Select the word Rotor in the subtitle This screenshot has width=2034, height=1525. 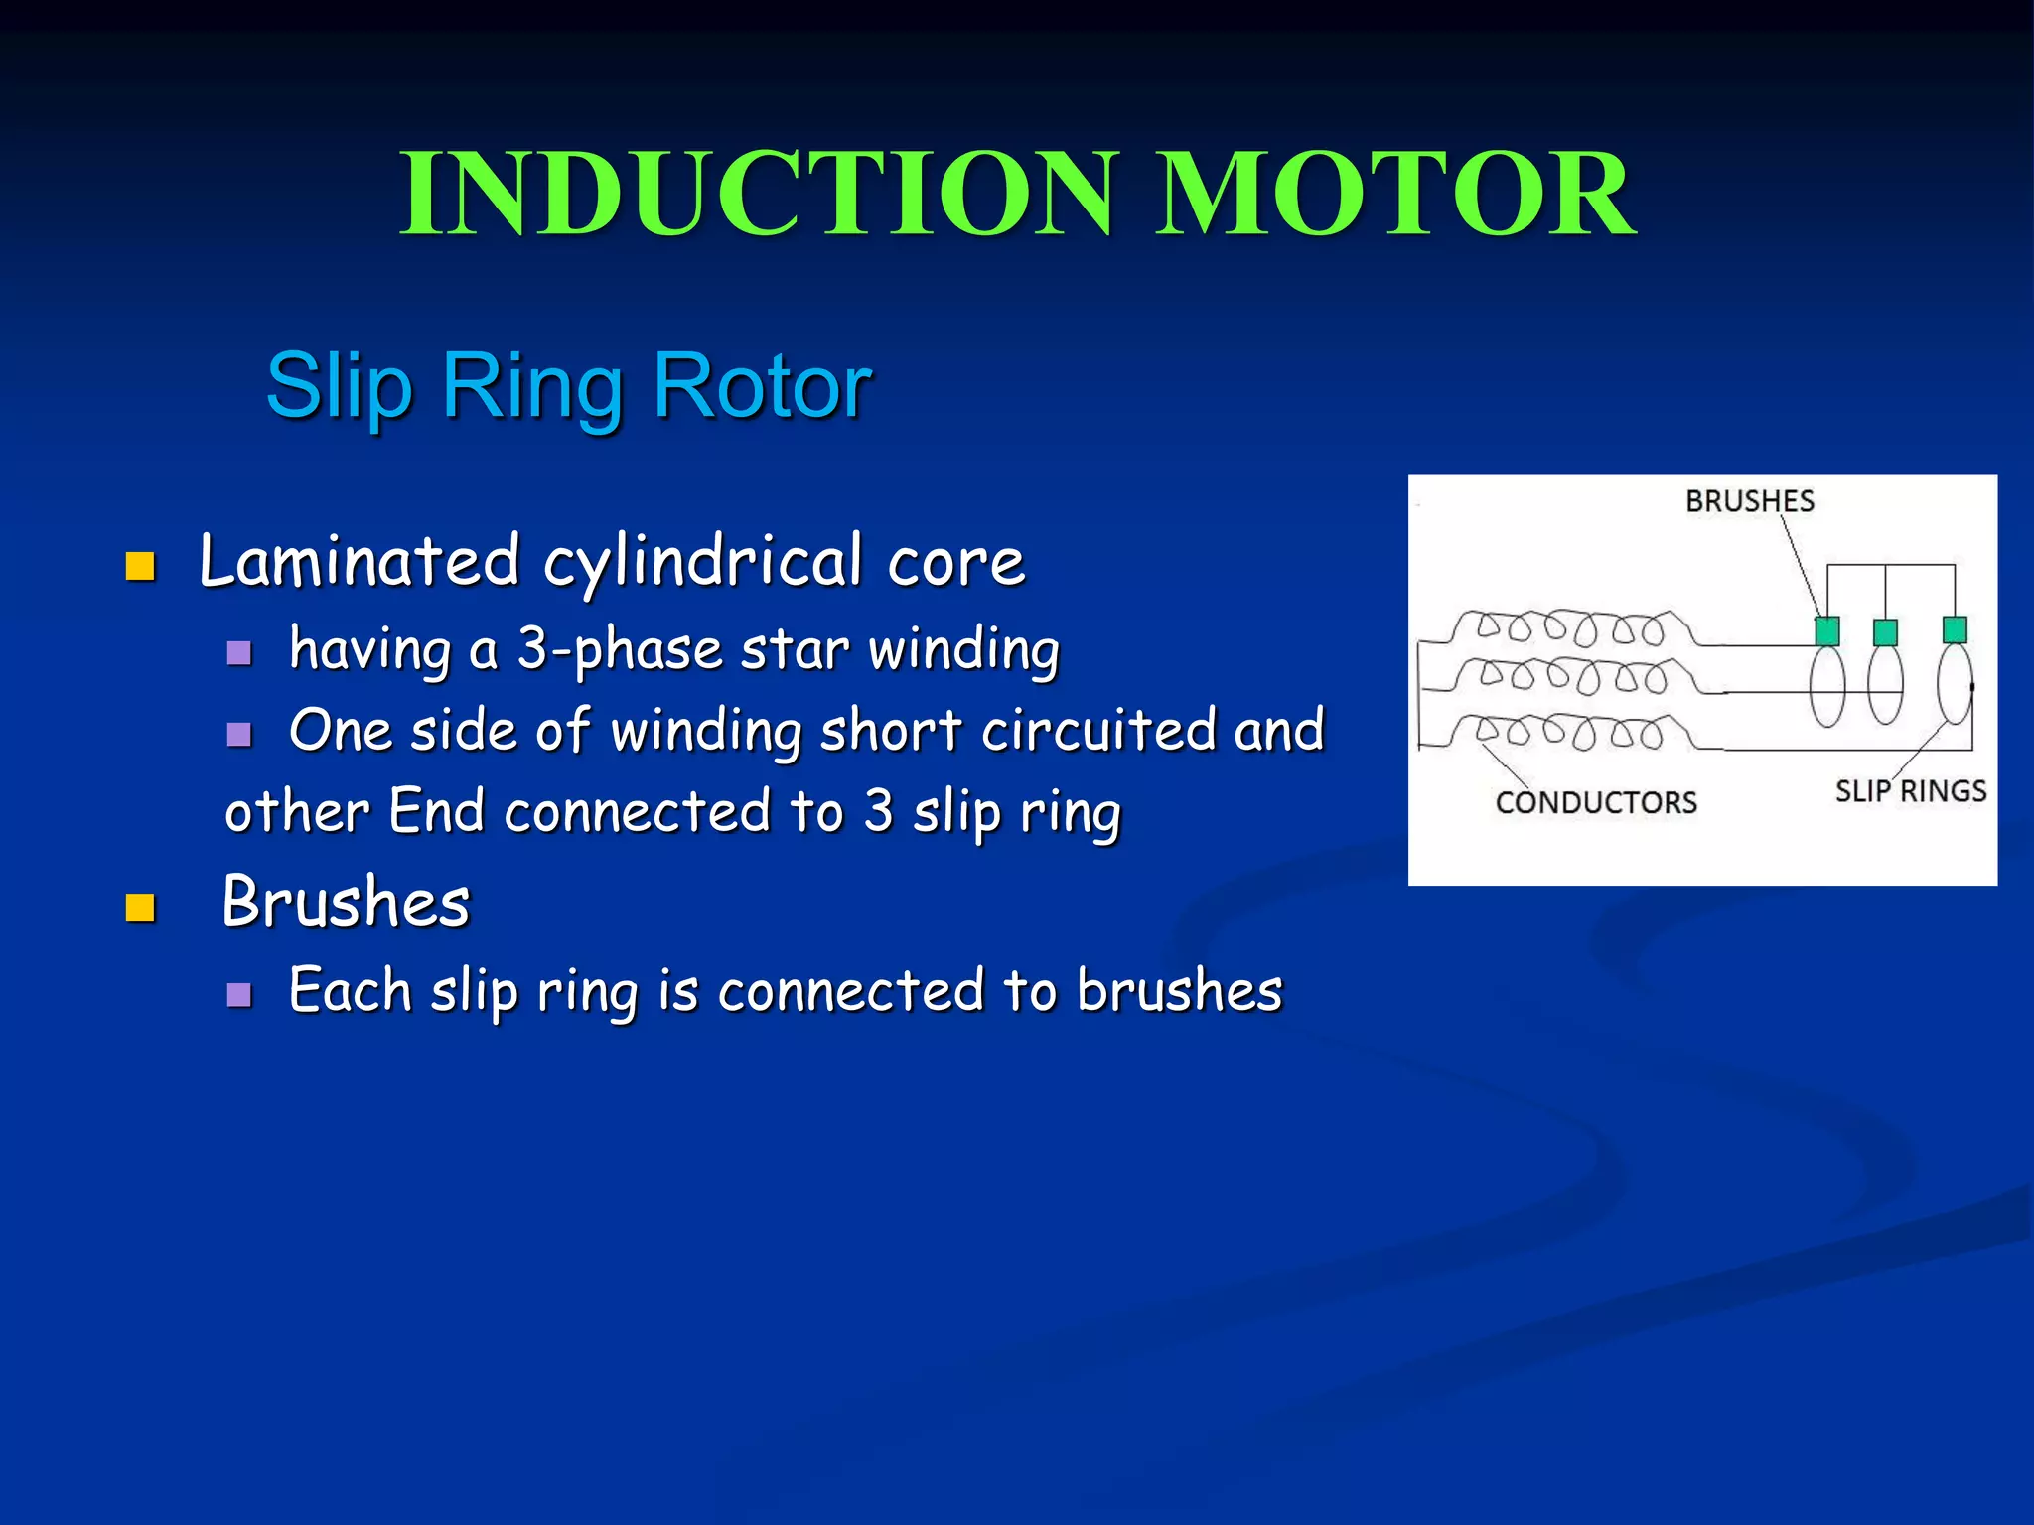coord(762,385)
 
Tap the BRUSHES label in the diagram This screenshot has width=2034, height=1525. coord(1749,501)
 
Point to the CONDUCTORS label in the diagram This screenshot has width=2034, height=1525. coord(1596,802)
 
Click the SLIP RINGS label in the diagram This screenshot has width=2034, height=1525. coord(1910,791)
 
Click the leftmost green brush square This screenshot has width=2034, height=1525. coord(1826,630)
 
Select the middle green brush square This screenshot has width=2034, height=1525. coord(1885,631)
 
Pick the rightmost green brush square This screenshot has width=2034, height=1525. coord(1955,628)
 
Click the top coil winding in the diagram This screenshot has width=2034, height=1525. coord(1569,627)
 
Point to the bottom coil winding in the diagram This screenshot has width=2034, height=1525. coord(1569,733)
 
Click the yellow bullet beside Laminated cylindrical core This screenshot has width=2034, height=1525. coord(140,566)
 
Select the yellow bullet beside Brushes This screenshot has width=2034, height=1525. coord(140,907)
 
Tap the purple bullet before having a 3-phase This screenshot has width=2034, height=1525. coord(238,652)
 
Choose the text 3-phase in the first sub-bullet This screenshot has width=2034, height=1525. coord(619,650)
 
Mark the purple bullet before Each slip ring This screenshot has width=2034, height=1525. coord(238,994)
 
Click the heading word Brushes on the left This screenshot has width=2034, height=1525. coord(346,902)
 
